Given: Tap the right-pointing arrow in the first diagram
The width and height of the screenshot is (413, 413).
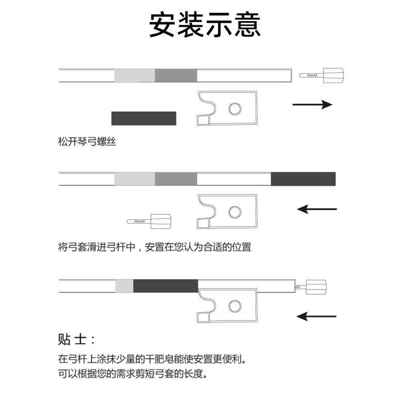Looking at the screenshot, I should (312, 105).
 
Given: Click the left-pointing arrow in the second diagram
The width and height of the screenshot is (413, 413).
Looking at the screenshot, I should (317, 209).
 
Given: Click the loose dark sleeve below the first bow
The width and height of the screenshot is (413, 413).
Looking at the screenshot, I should (144, 118).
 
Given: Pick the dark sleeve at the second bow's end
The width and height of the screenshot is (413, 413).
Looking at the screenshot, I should (303, 179).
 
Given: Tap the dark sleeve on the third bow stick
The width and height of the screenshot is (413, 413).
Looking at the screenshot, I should (165, 285).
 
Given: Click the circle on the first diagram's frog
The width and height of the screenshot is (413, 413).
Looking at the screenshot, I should (235, 108).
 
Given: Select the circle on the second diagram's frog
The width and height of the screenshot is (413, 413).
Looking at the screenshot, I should (235, 212).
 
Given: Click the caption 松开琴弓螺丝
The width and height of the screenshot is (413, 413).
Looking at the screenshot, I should (87, 142).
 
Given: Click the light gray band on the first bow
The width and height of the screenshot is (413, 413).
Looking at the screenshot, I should (134, 75).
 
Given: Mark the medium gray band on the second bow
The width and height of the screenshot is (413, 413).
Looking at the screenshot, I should (176, 179).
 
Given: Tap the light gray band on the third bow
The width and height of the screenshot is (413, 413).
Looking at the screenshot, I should (124, 285).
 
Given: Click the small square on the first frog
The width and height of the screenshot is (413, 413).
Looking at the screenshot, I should (202, 120).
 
